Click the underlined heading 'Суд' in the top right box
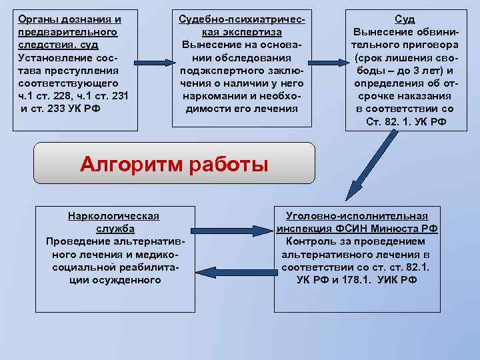(405, 19)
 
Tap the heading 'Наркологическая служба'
(114, 222)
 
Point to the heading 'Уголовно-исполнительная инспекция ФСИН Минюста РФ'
(357, 222)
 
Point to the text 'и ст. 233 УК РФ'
(61, 109)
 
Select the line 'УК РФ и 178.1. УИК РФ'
(357, 279)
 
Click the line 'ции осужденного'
(114, 279)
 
